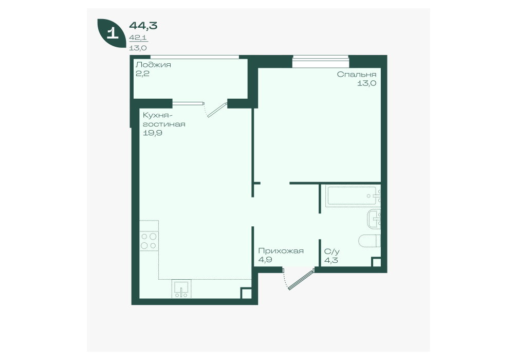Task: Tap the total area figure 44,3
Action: (x=143, y=25)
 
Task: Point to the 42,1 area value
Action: (x=138, y=38)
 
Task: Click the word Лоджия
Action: (x=153, y=65)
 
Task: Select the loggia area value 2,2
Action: (x=142, y=74)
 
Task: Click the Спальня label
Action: (x=357, y=74)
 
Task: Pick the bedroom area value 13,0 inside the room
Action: (x=366, y=83)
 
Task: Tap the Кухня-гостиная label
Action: (x=164, y=120)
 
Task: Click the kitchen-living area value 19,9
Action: (x=152, y=133)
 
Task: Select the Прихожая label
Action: (x=281, y=251)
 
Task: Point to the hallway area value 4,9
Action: (x=265, y=260)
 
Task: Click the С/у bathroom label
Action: (x=331, y=251)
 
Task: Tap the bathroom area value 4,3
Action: (x=331, y=260)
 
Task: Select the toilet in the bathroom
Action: (x=370, y=241)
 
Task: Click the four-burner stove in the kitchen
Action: (x=149, y=241)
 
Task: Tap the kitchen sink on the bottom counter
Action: (x=181, y=289)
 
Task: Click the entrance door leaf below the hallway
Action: (x=301, y=280)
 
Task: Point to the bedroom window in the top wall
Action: (x=321, y=61)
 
